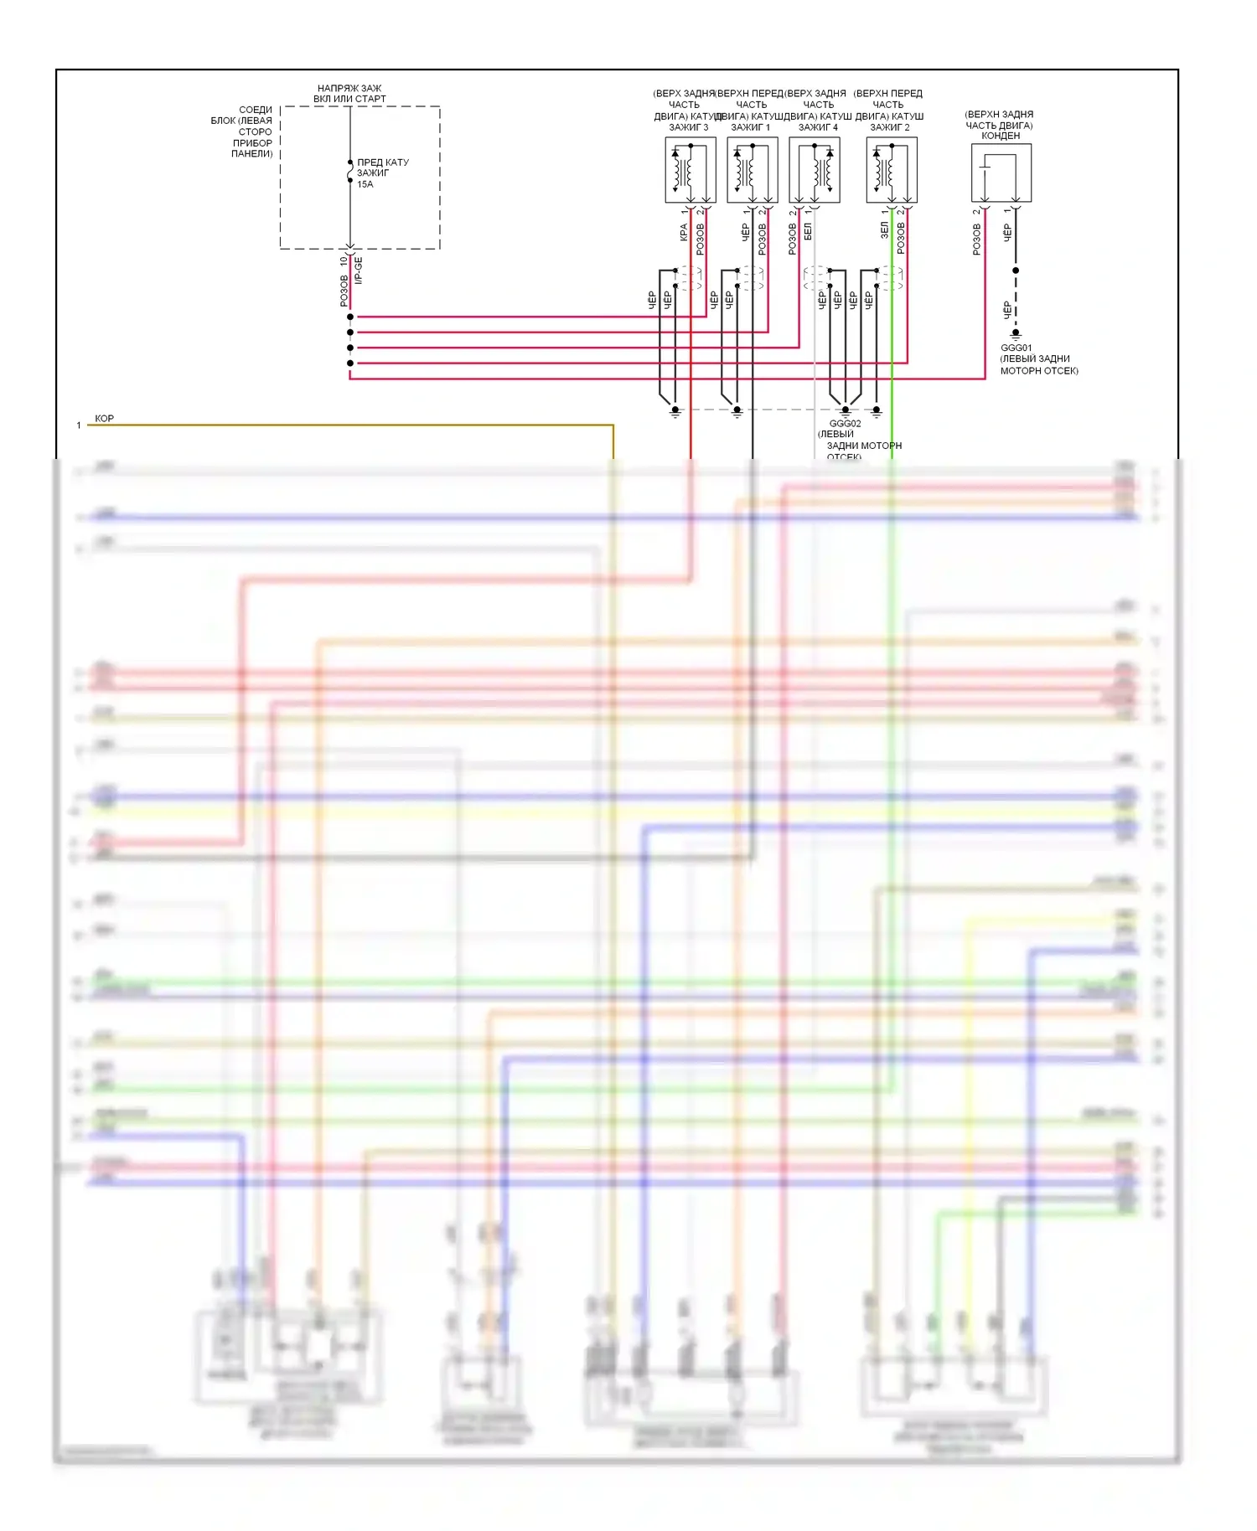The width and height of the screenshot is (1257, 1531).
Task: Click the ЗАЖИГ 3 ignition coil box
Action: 690,170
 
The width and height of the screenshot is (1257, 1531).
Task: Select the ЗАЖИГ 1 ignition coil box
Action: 752,170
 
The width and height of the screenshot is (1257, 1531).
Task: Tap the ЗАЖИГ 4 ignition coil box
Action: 815,170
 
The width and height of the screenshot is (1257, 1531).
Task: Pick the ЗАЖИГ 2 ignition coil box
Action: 892,170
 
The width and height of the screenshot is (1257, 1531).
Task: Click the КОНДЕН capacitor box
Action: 1001,173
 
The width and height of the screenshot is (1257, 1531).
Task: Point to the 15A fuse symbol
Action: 350,173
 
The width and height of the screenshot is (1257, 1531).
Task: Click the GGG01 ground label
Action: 1016,348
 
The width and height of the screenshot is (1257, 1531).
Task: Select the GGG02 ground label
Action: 845,424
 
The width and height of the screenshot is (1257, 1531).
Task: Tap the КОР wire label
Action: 104,418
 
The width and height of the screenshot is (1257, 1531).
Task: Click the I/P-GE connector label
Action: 359,270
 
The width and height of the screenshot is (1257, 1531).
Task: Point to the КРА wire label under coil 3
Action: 684,232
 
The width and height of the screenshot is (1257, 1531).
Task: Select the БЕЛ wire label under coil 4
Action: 808,232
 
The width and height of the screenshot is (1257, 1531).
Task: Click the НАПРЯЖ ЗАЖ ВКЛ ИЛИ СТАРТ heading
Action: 349,93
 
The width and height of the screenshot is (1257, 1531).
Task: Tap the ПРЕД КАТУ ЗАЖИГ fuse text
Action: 382,173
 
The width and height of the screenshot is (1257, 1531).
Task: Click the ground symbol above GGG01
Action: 1016,334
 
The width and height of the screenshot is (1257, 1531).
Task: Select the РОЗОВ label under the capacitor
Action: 976,239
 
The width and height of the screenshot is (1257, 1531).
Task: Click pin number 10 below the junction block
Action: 344,261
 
